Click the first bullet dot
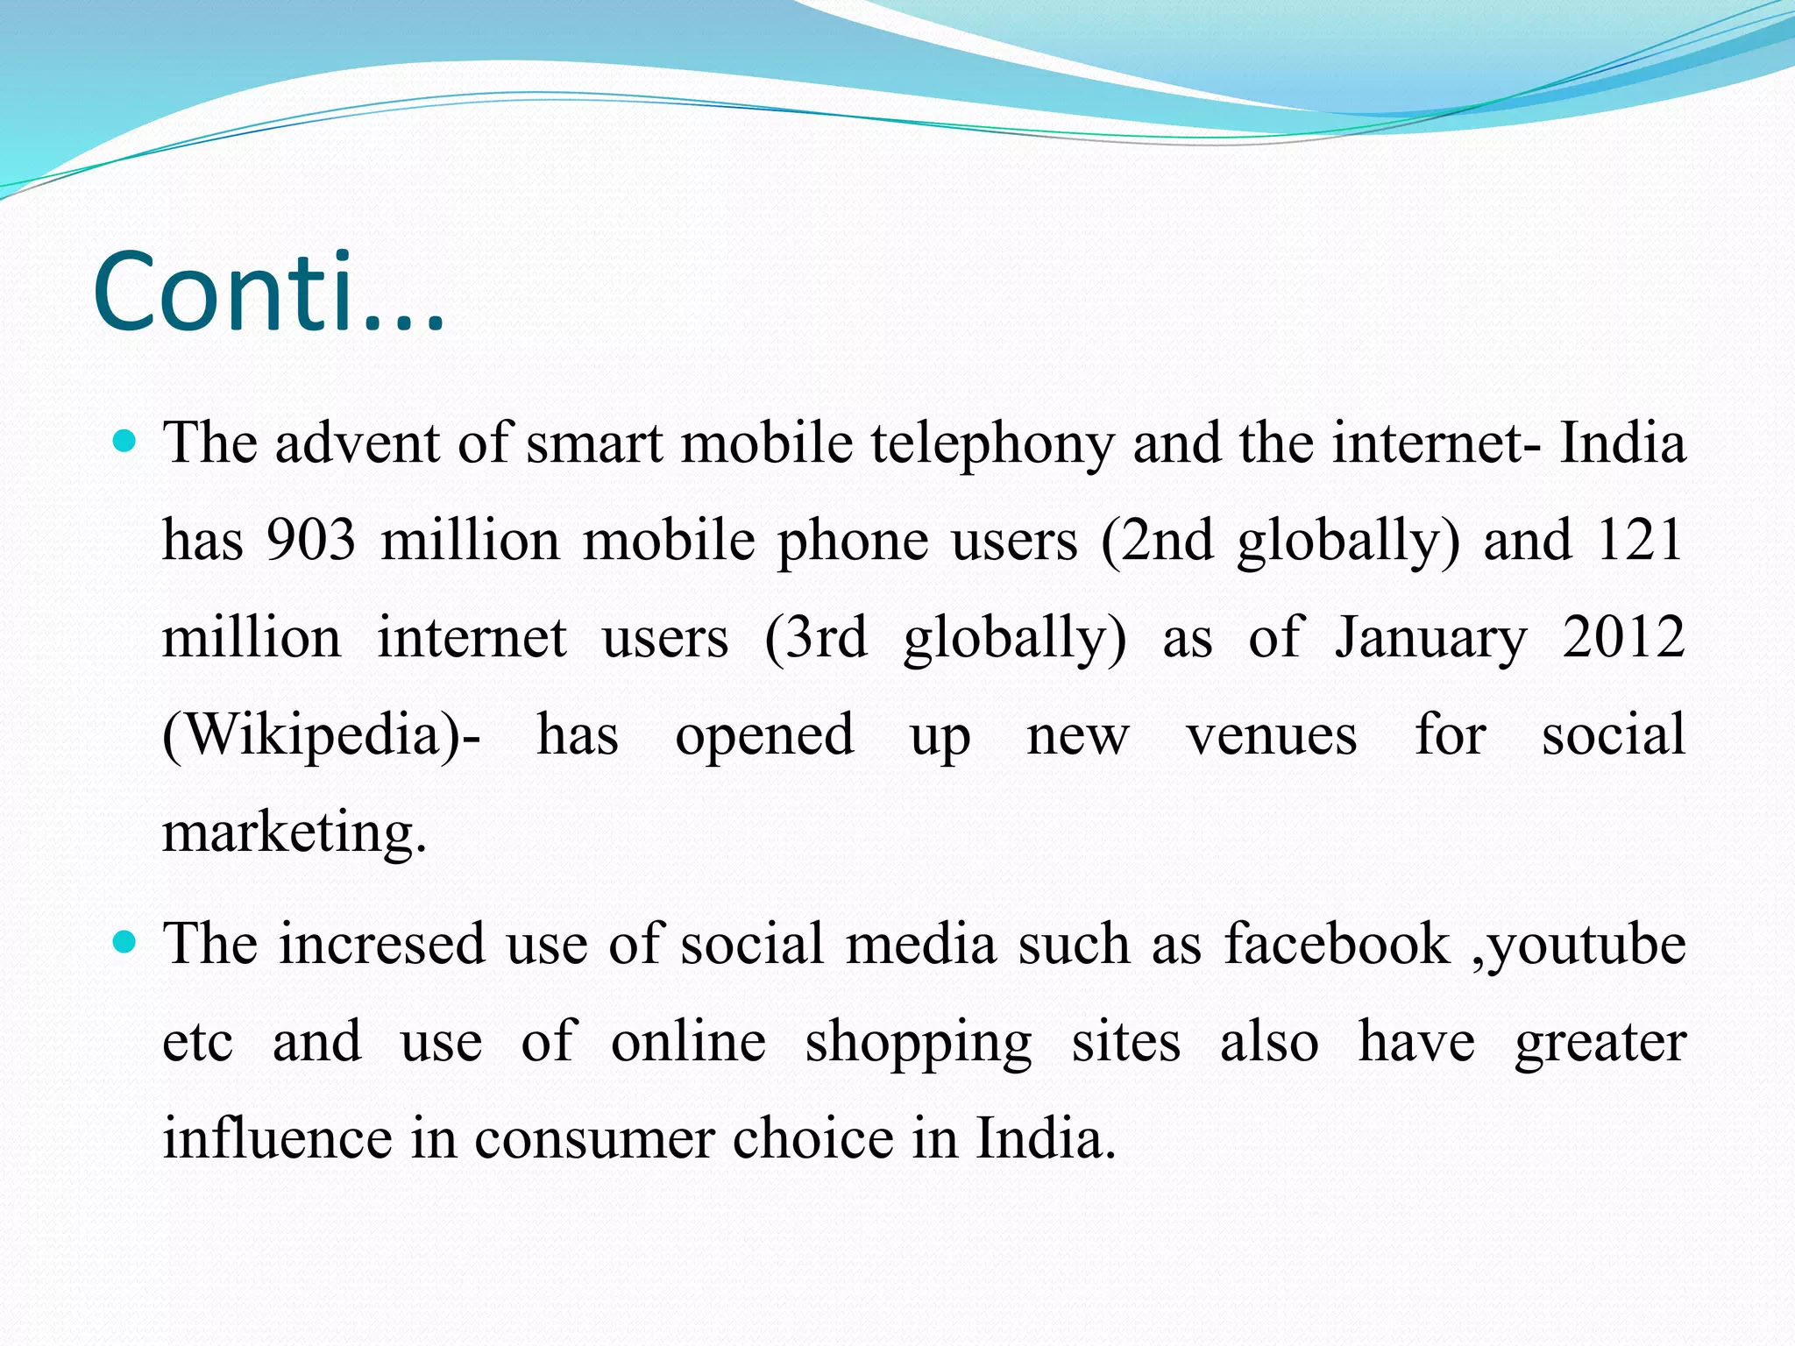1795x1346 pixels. click(x=126, y=442)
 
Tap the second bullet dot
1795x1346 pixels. click(x=126, y=943)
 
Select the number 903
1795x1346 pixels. click(x=311, y=540)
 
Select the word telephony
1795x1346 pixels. click(x=991, y=443)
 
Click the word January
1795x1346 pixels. click(x=1431, y=639)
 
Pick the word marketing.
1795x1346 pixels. click(x=294, y=832)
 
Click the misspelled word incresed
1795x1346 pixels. click(x=382, y=945)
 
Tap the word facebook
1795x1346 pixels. click(x=1337, y=945)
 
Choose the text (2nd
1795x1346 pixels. click(x=1157, y=540)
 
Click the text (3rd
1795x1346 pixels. click(x=816, y=637)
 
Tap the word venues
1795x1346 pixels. click(x=1272, y=735)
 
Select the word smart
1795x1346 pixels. click(x=594, y=443)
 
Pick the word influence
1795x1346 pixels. click(x=277, y=1139)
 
